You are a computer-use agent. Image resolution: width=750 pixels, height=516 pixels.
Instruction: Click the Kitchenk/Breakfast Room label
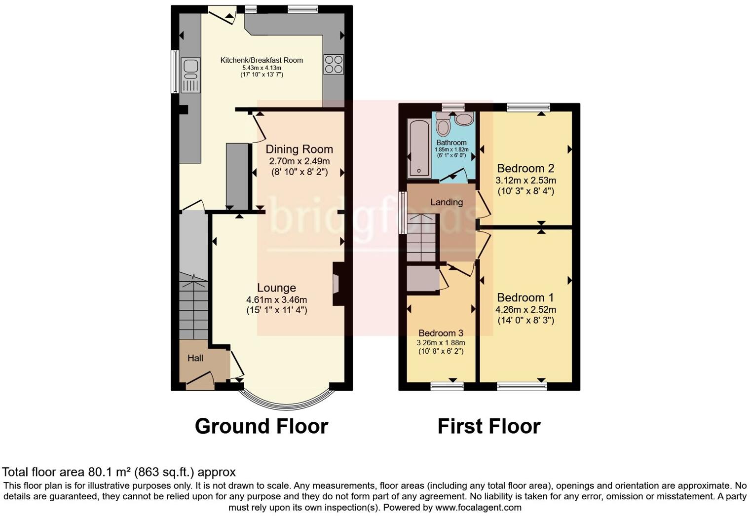pyautogui.click(x=262, y=60)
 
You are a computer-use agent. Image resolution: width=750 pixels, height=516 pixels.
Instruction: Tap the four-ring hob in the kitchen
pyautogui.click(x=334, y=64)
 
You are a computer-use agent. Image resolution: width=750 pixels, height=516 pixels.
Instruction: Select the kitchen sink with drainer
pyautogui.click(x=190, y=75)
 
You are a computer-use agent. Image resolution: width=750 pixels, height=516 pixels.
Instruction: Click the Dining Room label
pyautogui.click(x=299, y=149)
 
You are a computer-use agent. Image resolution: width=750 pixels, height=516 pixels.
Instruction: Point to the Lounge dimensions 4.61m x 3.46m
pyautogui.click(x=276, y=299)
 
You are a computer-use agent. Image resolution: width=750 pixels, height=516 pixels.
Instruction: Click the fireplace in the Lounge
pyautogui.click(x=337, y=284)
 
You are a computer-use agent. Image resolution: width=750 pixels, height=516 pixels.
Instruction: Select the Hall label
pyautogui.click(x=195, y=358)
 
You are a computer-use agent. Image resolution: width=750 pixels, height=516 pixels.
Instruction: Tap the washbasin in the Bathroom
pyautogui.click(x=464, y=119)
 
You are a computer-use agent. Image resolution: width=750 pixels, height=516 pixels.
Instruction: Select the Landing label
pyautogui.click(x=446, y=202)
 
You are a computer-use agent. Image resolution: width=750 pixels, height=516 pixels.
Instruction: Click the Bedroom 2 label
pyautogui.click(x=525, y=168)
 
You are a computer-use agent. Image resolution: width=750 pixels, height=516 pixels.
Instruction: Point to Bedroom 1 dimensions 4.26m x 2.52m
pyautogui.click(x=525, y=310)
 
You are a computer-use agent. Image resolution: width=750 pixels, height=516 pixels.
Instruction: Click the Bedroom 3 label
pyautogui.click(x=441, y=333)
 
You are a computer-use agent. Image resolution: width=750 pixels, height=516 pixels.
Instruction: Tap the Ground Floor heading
pyautogui.click(x=261, y=426)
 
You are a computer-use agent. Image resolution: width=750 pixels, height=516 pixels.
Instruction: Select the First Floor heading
pyautogui.click(x=488, y=426)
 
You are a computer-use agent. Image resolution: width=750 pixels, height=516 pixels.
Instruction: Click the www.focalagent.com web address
pyautogui.click(x=478, y=507)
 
